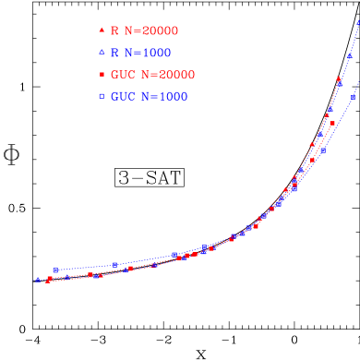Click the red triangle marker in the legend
pyautogui.click(x=100, y=30)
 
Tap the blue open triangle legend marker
pyautogui.click(x=100, y=53)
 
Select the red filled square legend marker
pyautogui.click(x=100, y=75)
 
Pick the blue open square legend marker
pyautogui.click(x=100, y=97)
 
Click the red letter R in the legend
pyautogui.click(x=114, y=30)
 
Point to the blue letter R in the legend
pyautogui.click(x=114, y=53)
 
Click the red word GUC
pyautogui.click(x=124, y=75)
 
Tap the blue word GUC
pyautogui.click(x=124, y=97)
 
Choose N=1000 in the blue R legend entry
pyautogui.click(x=149, y=53)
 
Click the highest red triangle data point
pyautogui.click(x=338, y=81)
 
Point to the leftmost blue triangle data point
pyautogui.click(x=38, y=279)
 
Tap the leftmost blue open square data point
pyautogui.click(x=56, y=270)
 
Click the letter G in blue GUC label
pyautogui.click(x=115, y=97)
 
